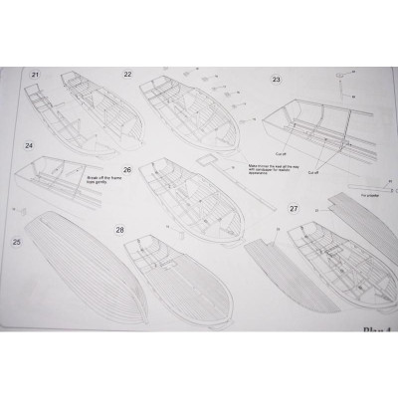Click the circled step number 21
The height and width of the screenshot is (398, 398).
point(36,76)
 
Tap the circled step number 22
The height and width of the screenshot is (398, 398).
point(127,75)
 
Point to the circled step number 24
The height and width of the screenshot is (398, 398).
point(30,144)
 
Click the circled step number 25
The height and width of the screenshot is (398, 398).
point(17,241)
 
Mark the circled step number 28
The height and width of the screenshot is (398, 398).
point(119,230)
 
